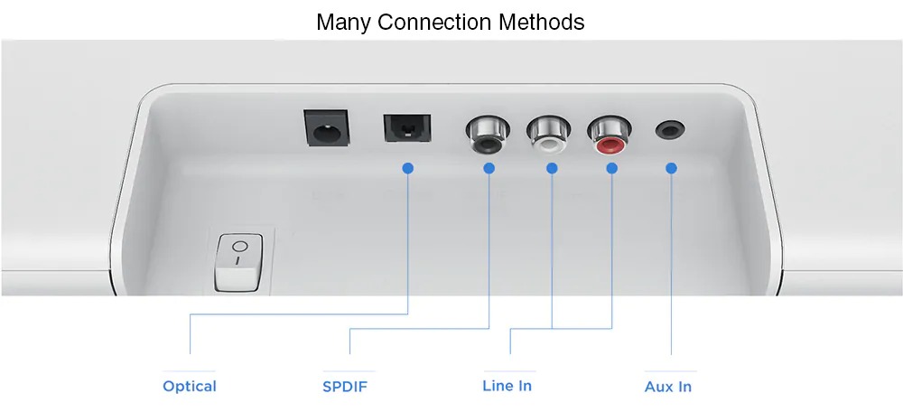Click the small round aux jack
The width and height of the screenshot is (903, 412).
point(670,129)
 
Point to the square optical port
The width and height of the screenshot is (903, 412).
point(407,128)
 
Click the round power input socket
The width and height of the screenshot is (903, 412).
point(327,128)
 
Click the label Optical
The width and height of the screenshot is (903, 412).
point(190,386)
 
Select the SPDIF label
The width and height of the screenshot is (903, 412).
point(345,386)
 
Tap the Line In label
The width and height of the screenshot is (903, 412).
point(507,386)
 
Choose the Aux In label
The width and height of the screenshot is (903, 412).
point(668,386)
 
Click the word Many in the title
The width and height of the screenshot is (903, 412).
point(344,23)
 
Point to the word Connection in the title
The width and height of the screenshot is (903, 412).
point(435,22)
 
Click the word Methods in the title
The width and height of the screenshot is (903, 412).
point(541,22)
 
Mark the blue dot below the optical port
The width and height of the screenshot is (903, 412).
point(408,168)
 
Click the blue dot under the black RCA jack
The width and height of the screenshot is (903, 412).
point(489,168)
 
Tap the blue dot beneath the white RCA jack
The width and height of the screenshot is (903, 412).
point(552,168)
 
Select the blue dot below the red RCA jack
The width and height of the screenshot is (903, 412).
point(611,168)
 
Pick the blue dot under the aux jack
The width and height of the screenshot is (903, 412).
point(671,168)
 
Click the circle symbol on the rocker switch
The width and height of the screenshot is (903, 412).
point(240,247)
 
